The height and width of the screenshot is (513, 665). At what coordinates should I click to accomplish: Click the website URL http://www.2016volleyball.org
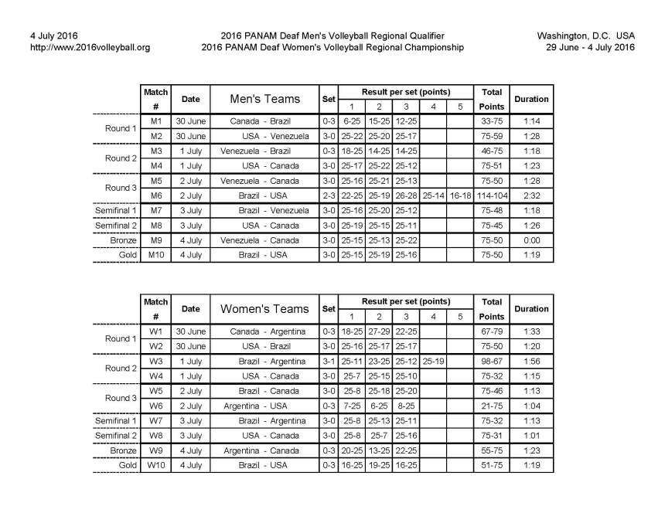click(x=90, y=47)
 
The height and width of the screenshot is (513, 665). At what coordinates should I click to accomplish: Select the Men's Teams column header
click(x=264, y=99)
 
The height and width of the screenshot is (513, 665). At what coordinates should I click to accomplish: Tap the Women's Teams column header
click(x=264, y=309)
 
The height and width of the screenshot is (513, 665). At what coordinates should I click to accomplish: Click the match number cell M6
click(x=155, y=195)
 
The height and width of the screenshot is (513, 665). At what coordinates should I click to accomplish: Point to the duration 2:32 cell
click(x=531, y=195)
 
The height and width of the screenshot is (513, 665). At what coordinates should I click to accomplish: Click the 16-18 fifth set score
click(x=459, y=195)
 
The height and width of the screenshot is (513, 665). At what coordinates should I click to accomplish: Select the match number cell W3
click(x=155, y=361)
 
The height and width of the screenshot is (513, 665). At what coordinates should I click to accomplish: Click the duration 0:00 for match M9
click(x=531, y=240)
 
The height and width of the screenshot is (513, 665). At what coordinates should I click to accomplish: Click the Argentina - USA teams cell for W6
click(x=264, y=406)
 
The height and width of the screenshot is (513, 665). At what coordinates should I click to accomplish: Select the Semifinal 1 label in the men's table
click(x=115, y=210)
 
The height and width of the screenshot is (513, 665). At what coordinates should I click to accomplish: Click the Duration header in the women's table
click(x=531, y=309)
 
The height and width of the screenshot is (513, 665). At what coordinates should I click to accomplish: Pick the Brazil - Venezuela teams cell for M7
click(x=264, y=210)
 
